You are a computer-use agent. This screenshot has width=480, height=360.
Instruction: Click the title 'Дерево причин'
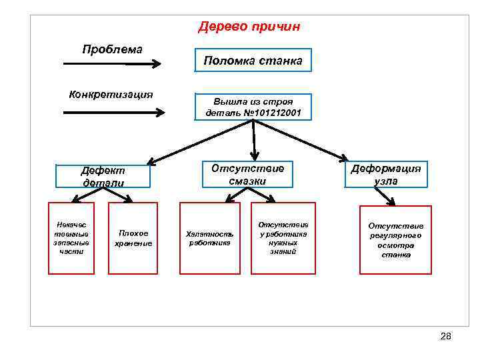pos(249,27)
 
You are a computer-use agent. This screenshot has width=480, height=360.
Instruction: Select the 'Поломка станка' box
pos(253,61)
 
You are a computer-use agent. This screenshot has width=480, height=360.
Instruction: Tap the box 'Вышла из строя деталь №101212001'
pos(253,107)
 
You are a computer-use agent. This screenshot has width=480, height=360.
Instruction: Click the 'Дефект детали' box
pos(103,177)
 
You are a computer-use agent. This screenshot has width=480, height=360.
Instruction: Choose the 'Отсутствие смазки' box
pos(247,174)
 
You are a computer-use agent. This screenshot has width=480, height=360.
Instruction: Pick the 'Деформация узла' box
pos(386,174)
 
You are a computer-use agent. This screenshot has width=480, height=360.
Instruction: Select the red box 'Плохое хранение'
pos(133,238)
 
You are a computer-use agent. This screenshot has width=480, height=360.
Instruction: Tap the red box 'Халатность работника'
pos(209,238)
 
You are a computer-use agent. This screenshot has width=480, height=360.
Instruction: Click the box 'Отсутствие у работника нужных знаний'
pos(283,238)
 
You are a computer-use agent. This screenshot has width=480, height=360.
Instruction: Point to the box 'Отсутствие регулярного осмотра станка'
pos(395,241)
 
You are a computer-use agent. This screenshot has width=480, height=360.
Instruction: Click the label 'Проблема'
pos(113,49)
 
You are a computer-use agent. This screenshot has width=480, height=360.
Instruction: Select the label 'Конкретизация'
pos(111,93)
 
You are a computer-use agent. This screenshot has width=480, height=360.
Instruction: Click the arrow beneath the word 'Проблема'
pos(111,65)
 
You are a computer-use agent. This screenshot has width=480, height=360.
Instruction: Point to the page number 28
pos(446,336)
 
